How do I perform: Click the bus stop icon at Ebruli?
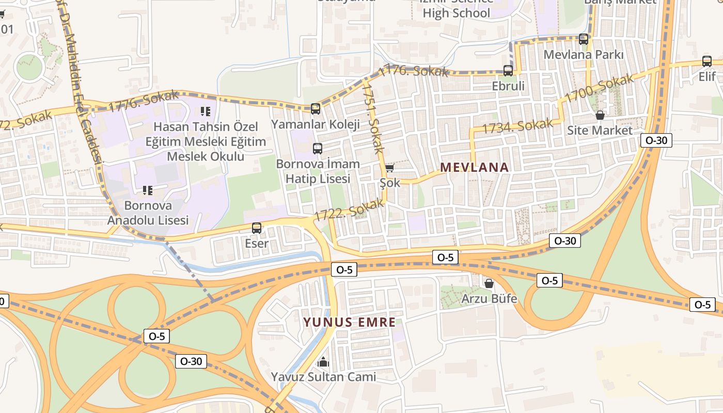(x=508, y=71)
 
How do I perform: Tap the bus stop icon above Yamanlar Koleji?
(x=316, y=109)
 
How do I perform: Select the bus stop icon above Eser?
(x=257, y=228)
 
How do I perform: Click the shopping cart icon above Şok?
(x=389, y=168)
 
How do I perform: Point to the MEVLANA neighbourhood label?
(x=474, y=167)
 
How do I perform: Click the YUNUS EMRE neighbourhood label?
(x=349, y=323)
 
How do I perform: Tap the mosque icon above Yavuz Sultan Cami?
(x=323, y=361)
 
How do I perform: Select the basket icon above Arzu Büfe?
(x=489, y=283)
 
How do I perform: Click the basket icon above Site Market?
(x=600, y=115)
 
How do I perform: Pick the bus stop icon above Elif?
(x=707, y=61)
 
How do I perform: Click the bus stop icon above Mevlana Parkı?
(x=584, y=39)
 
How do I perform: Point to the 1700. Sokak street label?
(x=599, y=89)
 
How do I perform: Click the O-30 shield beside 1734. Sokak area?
(x=656, y=140)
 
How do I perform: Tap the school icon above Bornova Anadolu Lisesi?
(x=148, y=190)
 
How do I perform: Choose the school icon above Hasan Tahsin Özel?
(x=206, y=111)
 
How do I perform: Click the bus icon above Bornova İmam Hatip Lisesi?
(x=318, y=148)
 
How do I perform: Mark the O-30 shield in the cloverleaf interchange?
(x=191, y=361)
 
